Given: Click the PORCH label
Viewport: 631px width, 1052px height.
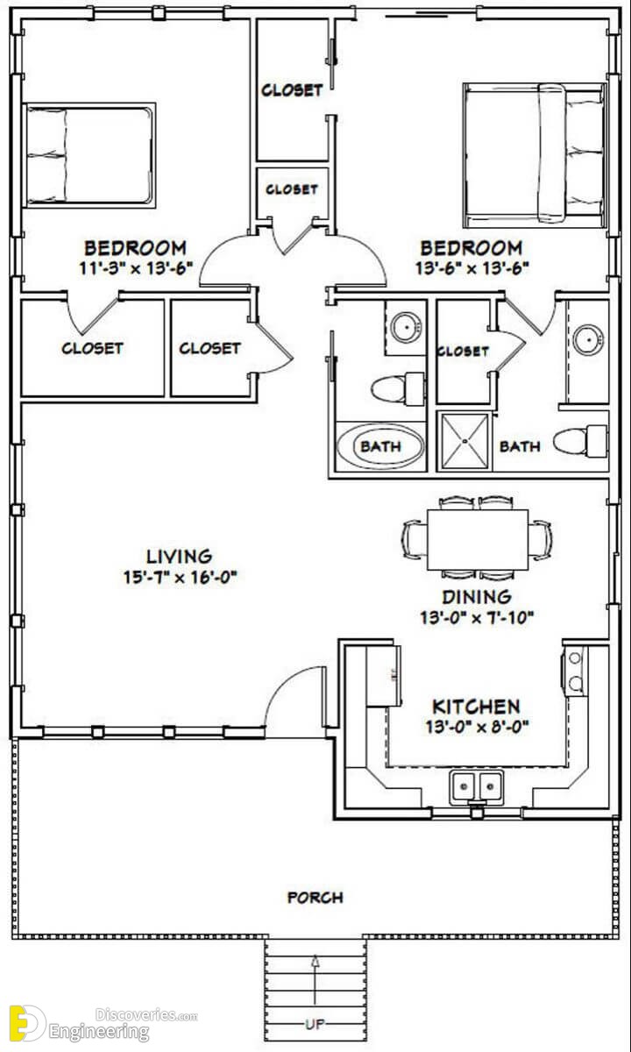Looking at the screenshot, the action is pyautogui.click(x=315, y=898).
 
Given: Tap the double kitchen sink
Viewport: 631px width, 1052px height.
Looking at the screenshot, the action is pyautogui.click(x=477, y=787).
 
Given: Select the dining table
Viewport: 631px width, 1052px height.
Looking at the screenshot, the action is pyautogui.click(x=478, y=540).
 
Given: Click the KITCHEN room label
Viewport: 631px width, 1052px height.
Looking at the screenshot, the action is pyautogui.click(x=476, y=707).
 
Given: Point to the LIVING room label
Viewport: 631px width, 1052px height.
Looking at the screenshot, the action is pyautogui.click(x=180, y=557).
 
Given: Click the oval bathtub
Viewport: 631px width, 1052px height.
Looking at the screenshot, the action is pyautogui.click(x=380, y=445).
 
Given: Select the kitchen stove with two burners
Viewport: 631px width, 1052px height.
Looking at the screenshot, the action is pyautogui.click(x=573, y=671).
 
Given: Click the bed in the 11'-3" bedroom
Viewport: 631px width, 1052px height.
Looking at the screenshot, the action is pyautogui.click(x=89, y=155).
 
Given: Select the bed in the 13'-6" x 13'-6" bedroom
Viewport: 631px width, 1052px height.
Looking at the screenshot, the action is pyautogui.click(x=535, y=155).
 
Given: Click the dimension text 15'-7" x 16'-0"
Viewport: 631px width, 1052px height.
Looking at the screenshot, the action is pyautogui.click(x=181, y=577).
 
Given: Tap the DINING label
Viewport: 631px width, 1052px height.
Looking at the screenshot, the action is pyautogui.click(x=477, y=597).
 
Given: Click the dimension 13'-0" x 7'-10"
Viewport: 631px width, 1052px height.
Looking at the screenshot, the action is pyautogui.click(x=477, y=617).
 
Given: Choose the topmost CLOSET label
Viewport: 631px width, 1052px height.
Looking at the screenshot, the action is pyautogui.click(x=292, y=89).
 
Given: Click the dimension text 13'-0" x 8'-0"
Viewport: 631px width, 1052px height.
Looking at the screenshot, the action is pyautogui.click(x=477, y=727).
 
